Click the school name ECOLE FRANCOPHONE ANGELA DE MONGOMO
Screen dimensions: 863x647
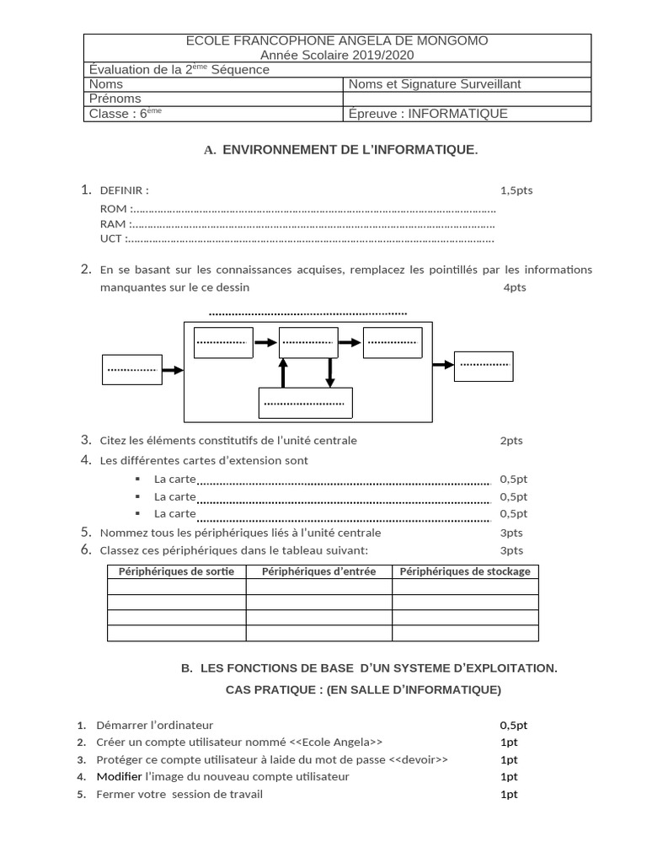pos(336,40)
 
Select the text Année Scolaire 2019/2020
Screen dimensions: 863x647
pos(337,55)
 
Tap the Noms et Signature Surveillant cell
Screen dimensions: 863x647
pos(435,83)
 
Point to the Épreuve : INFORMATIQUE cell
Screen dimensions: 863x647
pos(428,114)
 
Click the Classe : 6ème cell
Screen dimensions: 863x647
pos(125,114)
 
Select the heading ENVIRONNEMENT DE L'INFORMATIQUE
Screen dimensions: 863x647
pos(350,150)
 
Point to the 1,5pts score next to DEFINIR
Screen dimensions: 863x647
pos(516,190)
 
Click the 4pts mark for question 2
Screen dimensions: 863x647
pos(515,287)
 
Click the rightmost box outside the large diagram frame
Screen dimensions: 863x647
pos(484,365)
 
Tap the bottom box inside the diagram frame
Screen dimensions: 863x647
pos(305,403)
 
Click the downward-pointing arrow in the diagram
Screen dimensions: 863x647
pos(330,373)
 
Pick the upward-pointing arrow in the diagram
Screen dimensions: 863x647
pos(283,373)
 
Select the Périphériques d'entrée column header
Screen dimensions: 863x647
pos(318,571)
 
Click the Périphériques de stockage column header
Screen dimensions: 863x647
pos(465,571)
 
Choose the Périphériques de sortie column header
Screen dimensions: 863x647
pos(176,571)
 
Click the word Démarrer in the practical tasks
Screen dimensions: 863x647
pos(121,725)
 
